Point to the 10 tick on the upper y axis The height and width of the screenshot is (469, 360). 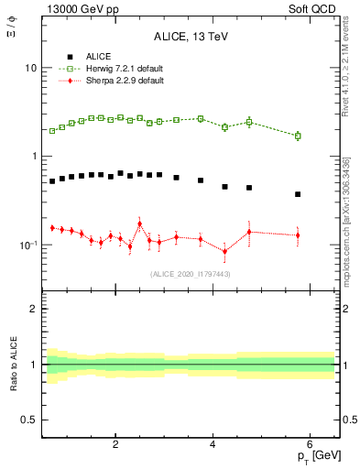[x=30, y=69]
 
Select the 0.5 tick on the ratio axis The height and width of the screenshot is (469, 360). [x=29, y=420]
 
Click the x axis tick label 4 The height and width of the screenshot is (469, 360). [x=213, y=444]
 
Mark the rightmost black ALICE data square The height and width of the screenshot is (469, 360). [x=298, y=194]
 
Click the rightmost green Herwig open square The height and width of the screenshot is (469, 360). [x=298, y=136]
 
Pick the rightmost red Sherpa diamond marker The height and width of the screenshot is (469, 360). [x=298, y=235]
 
